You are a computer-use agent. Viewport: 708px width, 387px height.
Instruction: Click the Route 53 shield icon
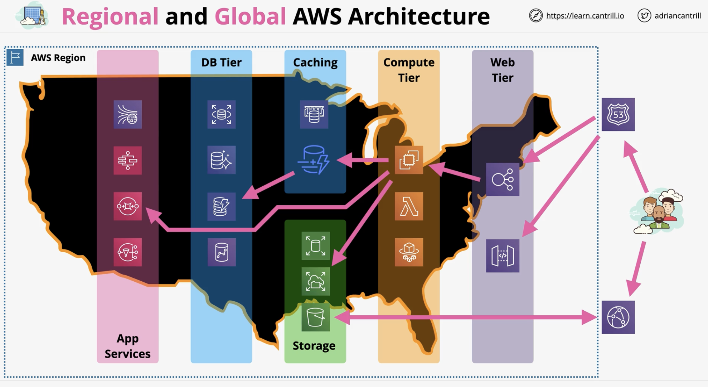click(x=618, y=114)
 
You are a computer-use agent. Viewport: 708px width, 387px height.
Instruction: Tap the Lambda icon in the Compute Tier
click(x=409, y=206)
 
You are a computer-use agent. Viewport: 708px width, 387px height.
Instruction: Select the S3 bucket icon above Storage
click(x=315, y=317)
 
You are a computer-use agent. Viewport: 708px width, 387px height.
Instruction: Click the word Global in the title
click(x=250, y=16)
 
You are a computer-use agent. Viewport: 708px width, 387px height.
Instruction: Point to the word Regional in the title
click(x=110, y=17)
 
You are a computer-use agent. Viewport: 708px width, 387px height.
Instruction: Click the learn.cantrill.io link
click(x=585, y=16)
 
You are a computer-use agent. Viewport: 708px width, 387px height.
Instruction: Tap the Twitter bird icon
click(x=644, y=15)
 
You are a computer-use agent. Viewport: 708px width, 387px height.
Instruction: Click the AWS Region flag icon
click(x=15, y=57)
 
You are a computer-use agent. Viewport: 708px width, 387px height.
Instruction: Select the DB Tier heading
click(x=221, y=62)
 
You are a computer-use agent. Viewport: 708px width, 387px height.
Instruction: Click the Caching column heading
click(x=315, y=63)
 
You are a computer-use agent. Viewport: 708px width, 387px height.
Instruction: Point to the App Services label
click(x=127, y=346)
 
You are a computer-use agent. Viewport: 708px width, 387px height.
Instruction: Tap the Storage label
click(x=314, y=346)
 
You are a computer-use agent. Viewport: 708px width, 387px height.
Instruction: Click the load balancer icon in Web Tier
click(x=503, y=179)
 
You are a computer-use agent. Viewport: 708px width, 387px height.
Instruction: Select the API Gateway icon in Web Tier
click(x=503, y=255)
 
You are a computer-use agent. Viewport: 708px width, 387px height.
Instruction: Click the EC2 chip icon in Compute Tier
click(x=409, y=160)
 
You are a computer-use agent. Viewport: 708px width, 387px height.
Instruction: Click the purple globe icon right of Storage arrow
click(x=618, y=317)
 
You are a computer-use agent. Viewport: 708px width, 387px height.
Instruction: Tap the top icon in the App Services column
click(x=128, y=114)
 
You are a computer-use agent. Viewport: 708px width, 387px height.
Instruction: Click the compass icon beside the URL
click(x=536, y=15)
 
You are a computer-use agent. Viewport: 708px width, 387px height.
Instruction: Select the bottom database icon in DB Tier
click(x=222, y=252)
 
